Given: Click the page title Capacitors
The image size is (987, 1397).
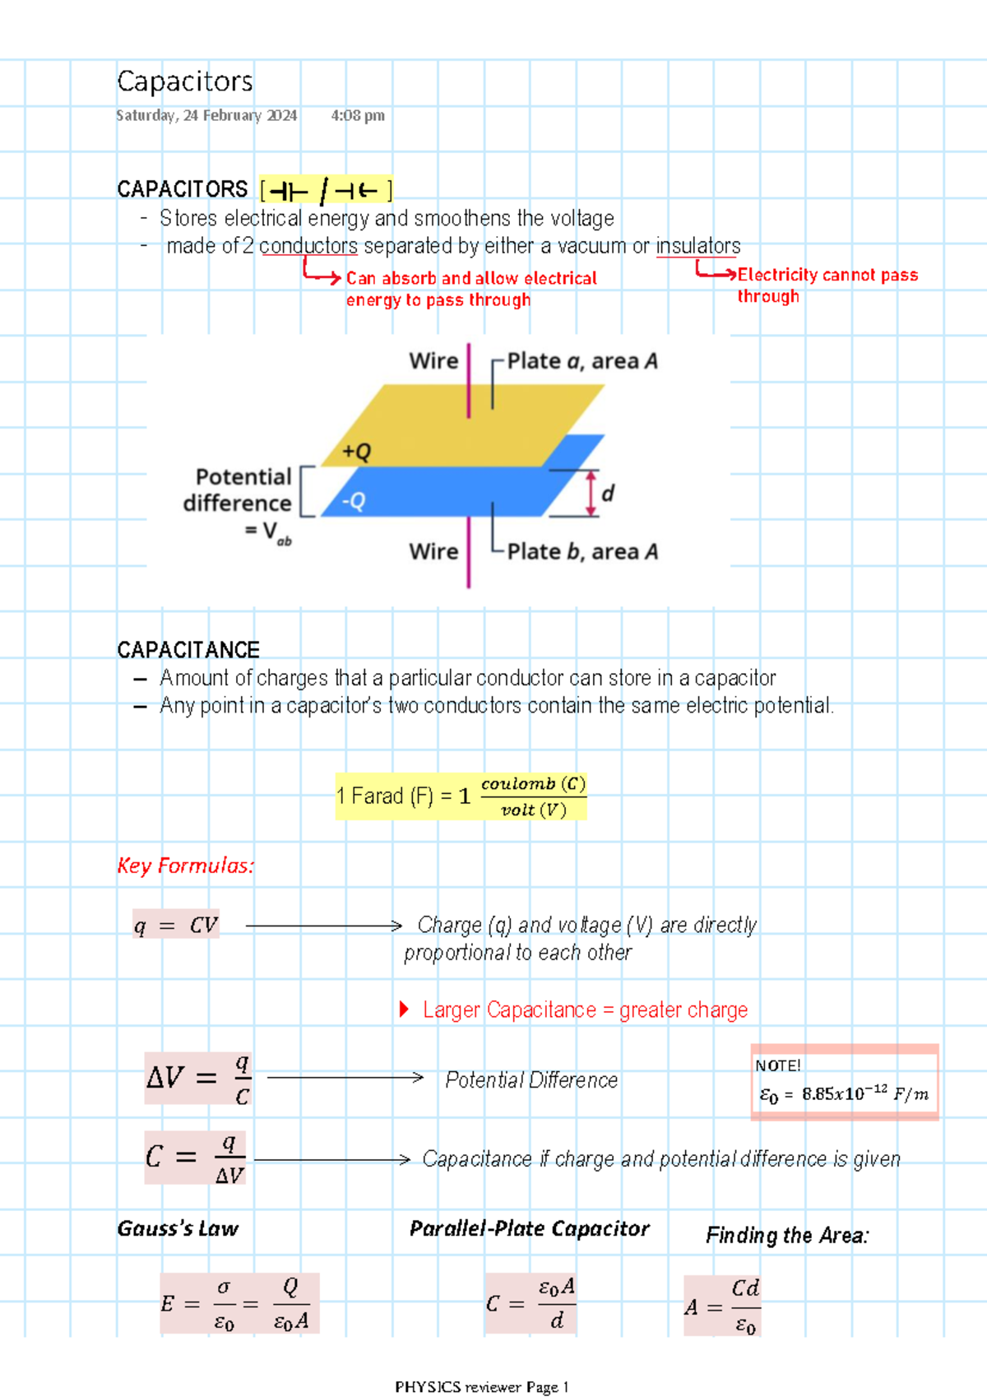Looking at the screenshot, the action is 184,81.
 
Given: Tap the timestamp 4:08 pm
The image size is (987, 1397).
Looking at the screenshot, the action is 358,115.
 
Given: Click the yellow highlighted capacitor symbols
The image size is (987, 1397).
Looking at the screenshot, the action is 326,189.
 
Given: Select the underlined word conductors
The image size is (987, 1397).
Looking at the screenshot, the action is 308,246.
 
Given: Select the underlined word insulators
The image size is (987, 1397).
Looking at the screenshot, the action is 698,246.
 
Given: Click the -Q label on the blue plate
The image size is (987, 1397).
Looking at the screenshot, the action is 354,500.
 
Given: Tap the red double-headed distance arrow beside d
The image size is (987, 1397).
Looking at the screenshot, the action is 591,494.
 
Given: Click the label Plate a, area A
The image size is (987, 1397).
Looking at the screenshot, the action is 582,361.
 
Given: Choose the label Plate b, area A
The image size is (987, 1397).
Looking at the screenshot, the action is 582,551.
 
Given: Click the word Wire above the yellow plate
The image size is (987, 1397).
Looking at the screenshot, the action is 434,361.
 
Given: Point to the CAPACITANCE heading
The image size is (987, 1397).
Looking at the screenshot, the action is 188,650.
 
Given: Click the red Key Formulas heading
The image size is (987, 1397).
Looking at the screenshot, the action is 186,866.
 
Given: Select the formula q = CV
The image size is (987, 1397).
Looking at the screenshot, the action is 176,925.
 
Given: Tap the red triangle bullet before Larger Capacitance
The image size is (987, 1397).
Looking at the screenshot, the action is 404,1009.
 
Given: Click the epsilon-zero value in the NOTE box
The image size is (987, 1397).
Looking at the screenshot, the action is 844,1094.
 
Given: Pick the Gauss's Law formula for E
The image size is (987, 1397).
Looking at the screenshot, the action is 240,1303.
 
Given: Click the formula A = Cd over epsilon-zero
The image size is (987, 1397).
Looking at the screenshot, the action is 723,1306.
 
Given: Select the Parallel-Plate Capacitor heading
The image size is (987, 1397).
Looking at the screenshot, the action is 530,1228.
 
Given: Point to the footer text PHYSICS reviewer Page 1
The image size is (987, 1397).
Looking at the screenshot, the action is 482,1387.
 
